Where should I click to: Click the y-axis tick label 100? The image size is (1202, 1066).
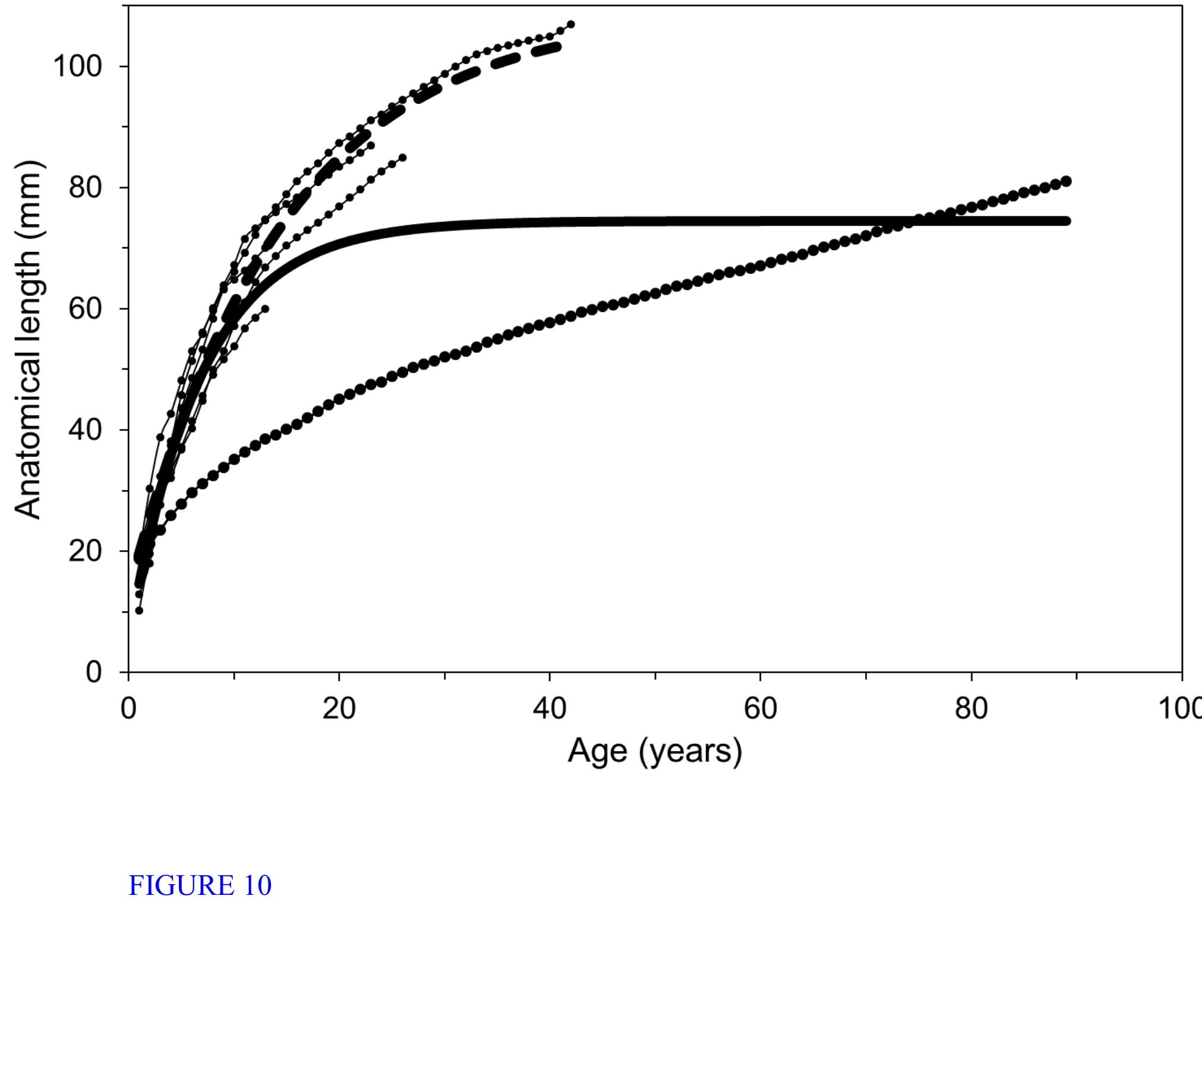[x=78, y=66]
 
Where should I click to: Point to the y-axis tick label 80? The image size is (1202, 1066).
[x=86, y=188]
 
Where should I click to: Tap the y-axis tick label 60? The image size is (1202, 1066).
[x=86, y=309]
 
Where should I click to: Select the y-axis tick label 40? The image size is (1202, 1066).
[x=86, y=430]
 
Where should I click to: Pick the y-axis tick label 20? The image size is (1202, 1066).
[x=86, y=551]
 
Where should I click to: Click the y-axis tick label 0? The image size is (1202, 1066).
[x=94, y=673]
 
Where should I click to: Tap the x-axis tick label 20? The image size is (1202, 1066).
[x=339, y=708]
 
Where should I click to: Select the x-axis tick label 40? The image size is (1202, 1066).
[x=550, y=708]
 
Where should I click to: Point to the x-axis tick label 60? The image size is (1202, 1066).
[x=760, y=708]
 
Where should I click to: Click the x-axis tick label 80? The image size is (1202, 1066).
[x=971, y=708]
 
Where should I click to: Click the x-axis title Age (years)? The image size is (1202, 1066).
[x=655, y=751]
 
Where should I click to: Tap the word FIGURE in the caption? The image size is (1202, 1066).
[x=182, y=886]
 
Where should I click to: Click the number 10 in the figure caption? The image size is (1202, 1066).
[x=257, y=886]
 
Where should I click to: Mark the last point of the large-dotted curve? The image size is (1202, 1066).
[x=1066, y=181]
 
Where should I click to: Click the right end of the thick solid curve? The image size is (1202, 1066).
[x=1067, y=221]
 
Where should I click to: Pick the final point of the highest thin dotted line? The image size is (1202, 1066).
[x=571, y=24]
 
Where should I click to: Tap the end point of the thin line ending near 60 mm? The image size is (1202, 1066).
[x=265, y=308]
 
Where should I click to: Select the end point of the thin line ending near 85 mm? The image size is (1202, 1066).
[x=403, y=157]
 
